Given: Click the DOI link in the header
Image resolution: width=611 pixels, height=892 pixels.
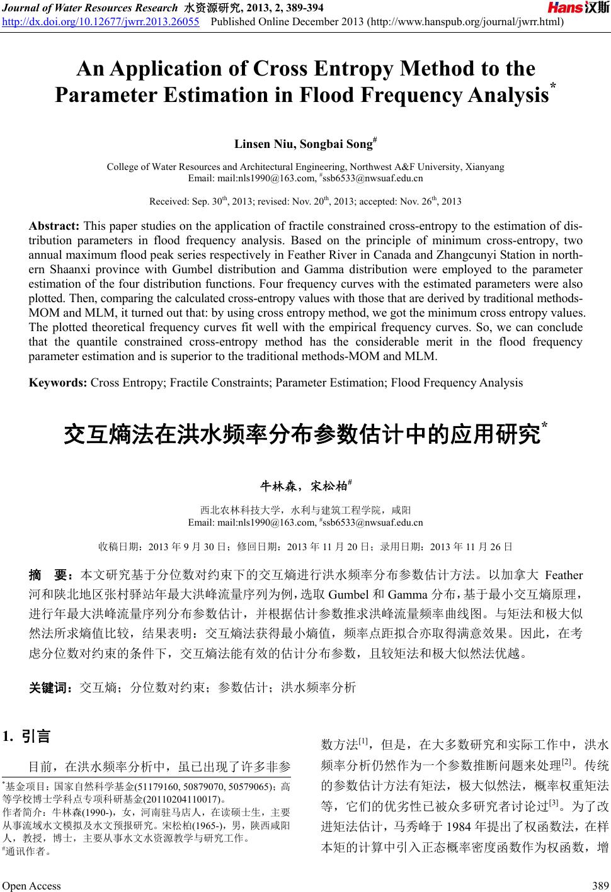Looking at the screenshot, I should point(101,23).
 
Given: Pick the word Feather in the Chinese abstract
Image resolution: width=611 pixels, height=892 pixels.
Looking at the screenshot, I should point(564,575).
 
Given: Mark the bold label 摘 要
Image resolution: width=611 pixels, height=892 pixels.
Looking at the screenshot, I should point(52,575).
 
